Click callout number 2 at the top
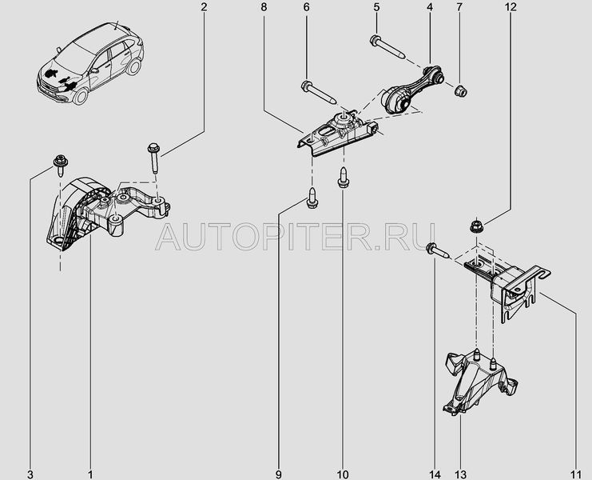click(204, 7)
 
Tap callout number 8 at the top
click(264, 7)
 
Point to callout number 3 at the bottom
click(30, 474)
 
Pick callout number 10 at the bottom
click(344, 474)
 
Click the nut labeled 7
click(460, 90)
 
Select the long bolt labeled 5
click(387, 46)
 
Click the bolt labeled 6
click(318, 91)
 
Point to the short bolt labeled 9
click(312, 197)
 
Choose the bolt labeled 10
click(344, 177)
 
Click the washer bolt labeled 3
click(61, 165)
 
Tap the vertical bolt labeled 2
click(154, 158)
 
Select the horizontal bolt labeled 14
click(437, 250)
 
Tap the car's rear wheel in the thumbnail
click(133, 66)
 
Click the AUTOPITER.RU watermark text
click(296, 237)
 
